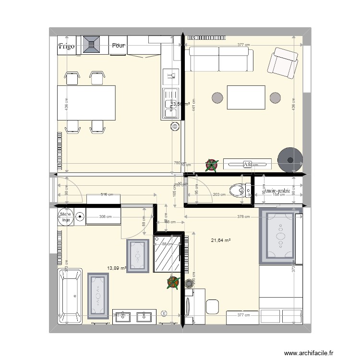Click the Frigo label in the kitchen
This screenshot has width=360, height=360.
pyautogui.click(x=67, y=47)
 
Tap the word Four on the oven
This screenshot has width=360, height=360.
pyautogui.click(x=118, y=46)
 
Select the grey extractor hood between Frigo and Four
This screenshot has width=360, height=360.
pyautogui.click(x=91, y=45)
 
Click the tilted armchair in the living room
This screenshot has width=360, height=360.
pyautogui.click(x=284, y=62)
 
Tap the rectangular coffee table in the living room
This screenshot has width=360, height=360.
pyautogui.click(x=246, y=97)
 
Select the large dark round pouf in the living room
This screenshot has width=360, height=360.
pyautogui.click(x=290, y=159)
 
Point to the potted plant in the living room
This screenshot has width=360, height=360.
pyautogui.click(x=211, y=165)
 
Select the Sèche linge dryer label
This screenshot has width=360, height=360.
pyautogui.click(x=65, y=217)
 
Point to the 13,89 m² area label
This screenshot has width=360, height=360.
pyautogui.click(x=117, y=268)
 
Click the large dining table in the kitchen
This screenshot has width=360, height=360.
pyautogui.click(x=87, y=103)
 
